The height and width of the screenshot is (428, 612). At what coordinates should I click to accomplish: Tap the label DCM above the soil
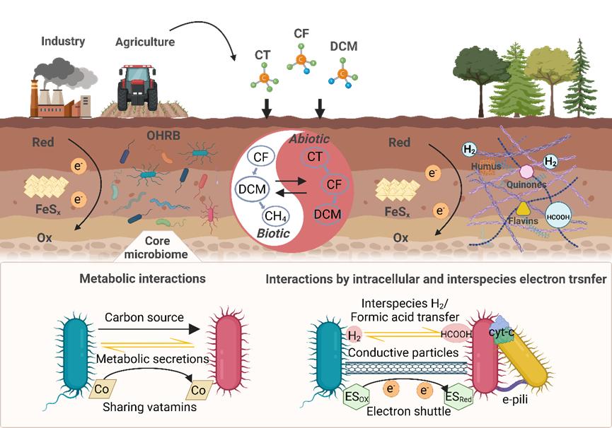click(344, 47)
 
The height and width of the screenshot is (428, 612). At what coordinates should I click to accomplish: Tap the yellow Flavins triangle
click(523, 208)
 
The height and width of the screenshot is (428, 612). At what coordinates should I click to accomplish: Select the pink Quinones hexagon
click(526, 172)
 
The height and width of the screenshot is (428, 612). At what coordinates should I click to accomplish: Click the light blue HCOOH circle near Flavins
click(558, 216)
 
